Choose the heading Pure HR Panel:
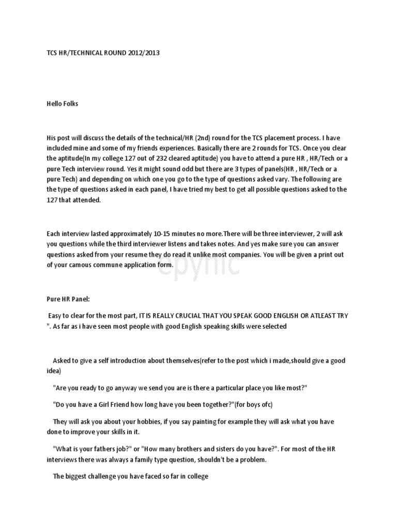click(68, 299)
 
